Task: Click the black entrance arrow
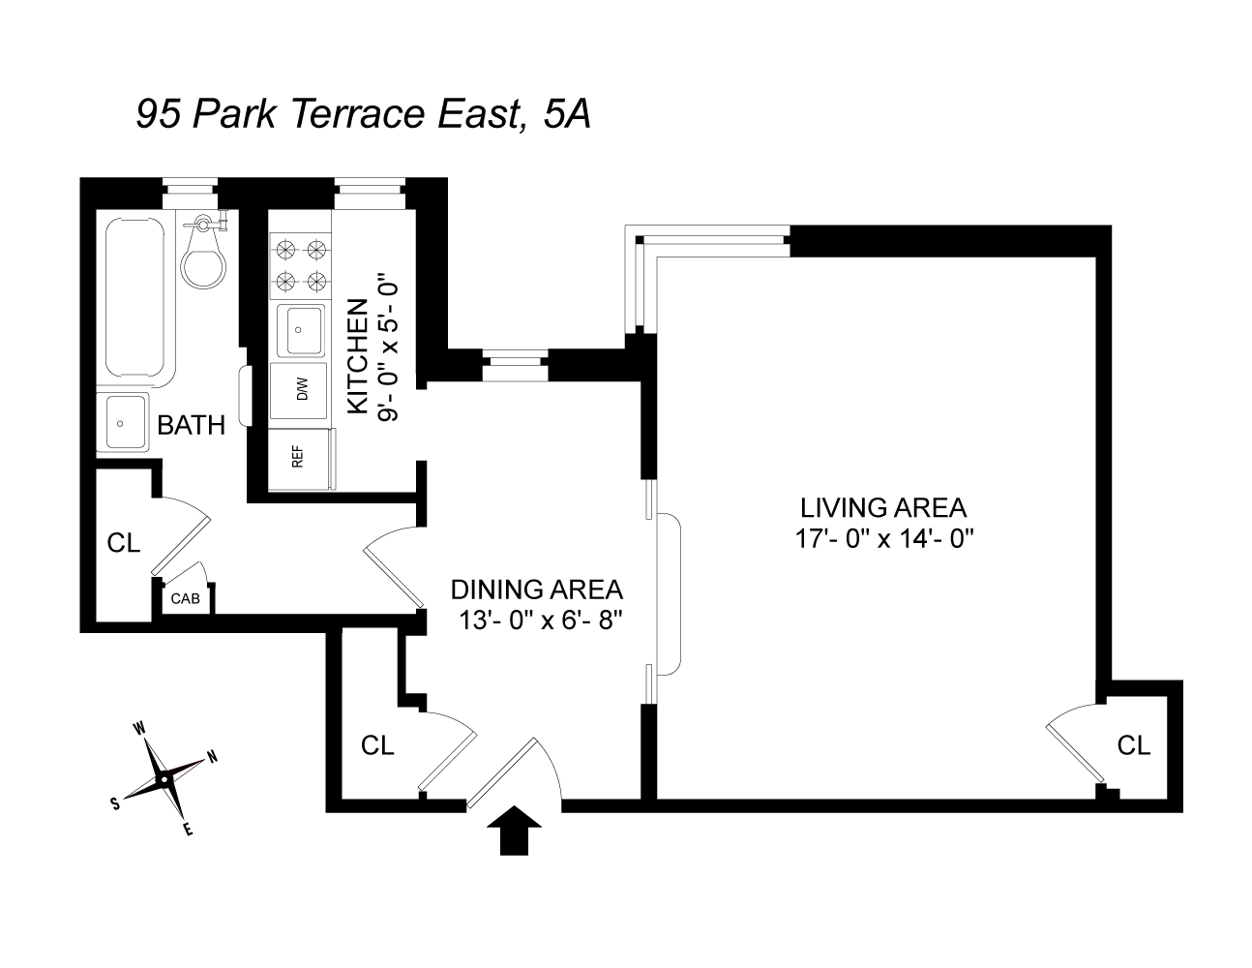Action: click(x=514, y=830)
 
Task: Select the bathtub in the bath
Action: click(x=136, y=301)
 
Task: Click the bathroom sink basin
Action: click(x=121, y=423)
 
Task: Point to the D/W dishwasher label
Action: click(x=302, y=389)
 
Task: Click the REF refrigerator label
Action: click(x=297, y=458)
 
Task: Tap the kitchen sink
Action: click(x=300, y=331)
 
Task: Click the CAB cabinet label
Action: click(x=185, y=598)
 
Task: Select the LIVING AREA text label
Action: click(x=883, y=507)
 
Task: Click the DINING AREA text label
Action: click(x=537, y=590)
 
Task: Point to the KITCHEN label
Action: click(x=358, y=356)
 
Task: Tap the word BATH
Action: click(x=192, y=425)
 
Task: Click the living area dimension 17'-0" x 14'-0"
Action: click(x=884, y=539)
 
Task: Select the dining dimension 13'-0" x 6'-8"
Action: click(x=541, y=620)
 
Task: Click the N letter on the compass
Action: click(x=213, y=756)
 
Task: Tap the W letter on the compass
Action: click(x=139, y=728)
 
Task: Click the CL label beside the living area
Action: click(x=1134, y=745)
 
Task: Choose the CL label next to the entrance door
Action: click(x=377, y=745)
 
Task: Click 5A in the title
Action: click(x=566, y=113)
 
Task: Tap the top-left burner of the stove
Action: click(x=285, y=250)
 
